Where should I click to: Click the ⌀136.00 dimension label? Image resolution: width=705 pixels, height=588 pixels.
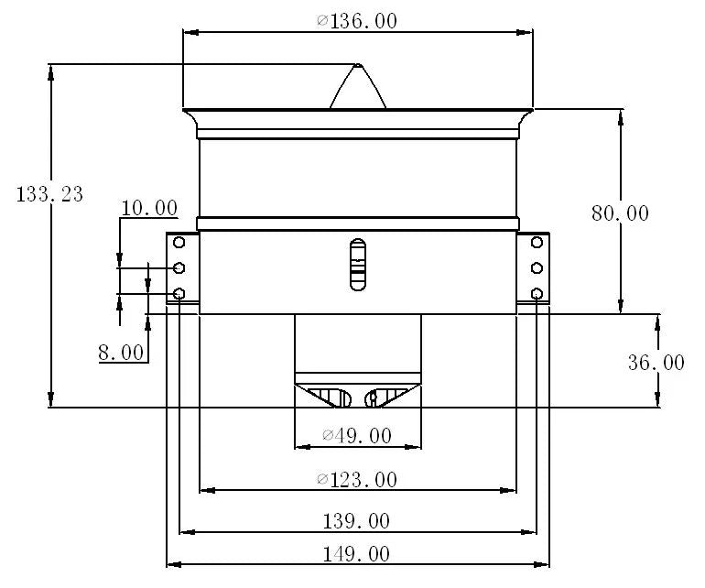[357, 21]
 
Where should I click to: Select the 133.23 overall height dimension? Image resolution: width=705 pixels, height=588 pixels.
[50, 194]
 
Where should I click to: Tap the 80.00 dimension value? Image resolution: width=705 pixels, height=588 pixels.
[620, 213]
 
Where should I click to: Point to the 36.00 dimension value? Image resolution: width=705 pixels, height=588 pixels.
[656, 363]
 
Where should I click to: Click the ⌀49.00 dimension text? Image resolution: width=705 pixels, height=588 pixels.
[357, 436]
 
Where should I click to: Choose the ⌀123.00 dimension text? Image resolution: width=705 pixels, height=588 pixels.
[357, 479]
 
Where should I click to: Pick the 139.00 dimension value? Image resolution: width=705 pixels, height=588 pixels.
[357, 521]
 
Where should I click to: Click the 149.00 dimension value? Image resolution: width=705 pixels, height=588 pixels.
[357, 553]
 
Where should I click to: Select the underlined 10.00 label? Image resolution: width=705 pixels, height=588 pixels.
[149, 208]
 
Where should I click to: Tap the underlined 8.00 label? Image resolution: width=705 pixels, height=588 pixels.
[121, 353]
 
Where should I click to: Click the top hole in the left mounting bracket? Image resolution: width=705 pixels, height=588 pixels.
[179, 243]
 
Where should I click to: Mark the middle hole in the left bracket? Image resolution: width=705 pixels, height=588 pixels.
[179, 267]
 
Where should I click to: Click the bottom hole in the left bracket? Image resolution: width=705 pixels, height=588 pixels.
[179, 294]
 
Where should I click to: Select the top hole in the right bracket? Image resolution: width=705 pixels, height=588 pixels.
[537, 243]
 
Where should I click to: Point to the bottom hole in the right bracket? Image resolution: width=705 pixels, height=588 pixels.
[537, 294]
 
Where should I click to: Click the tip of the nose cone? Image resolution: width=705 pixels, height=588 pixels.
[358, 65]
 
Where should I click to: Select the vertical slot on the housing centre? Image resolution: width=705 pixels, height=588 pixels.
[357, 265]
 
